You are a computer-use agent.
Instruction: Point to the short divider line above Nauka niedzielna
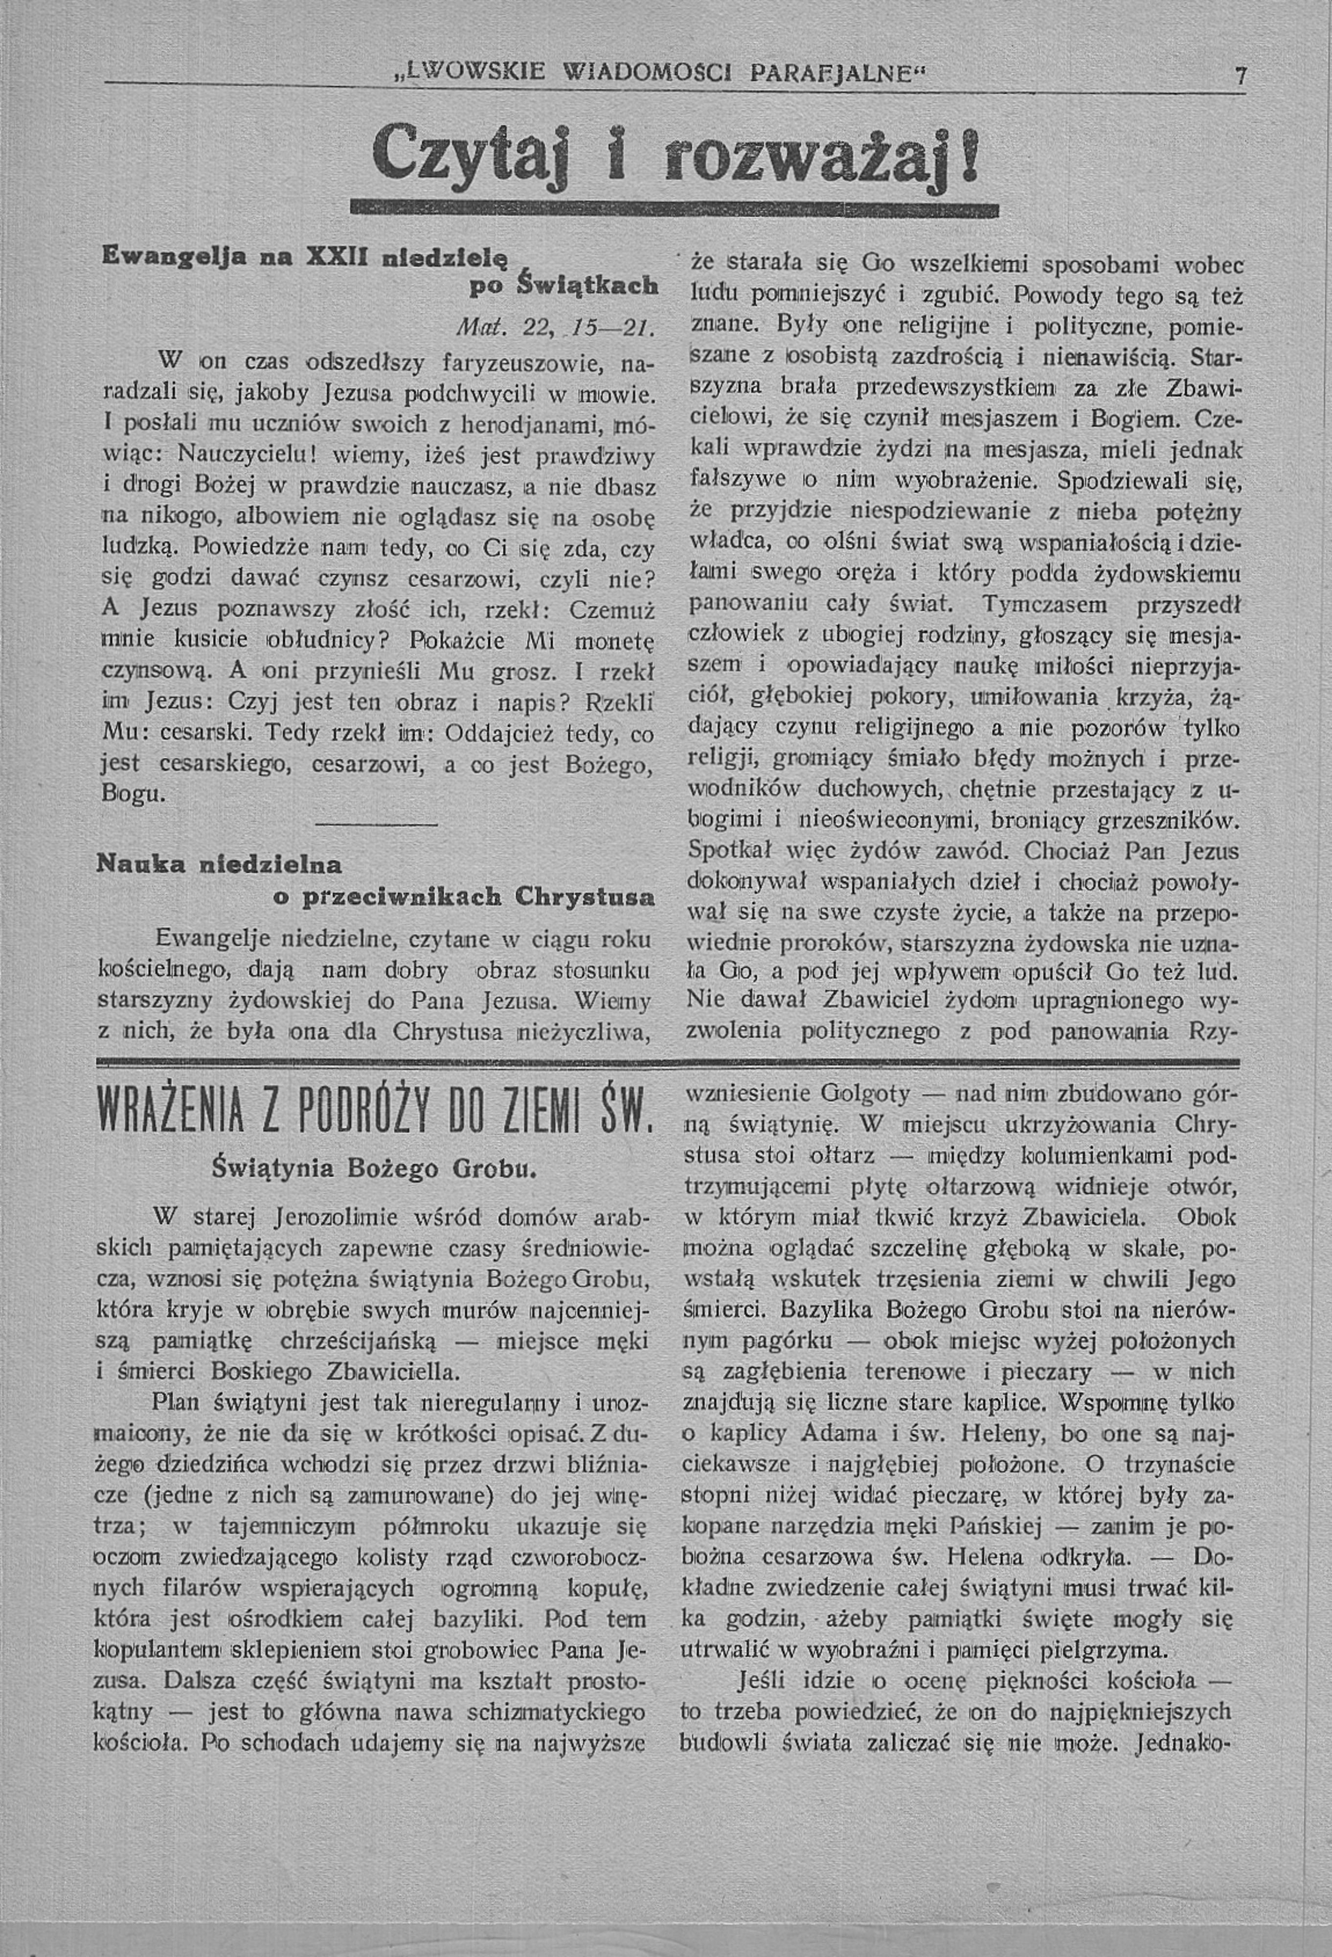click(376, 823)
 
